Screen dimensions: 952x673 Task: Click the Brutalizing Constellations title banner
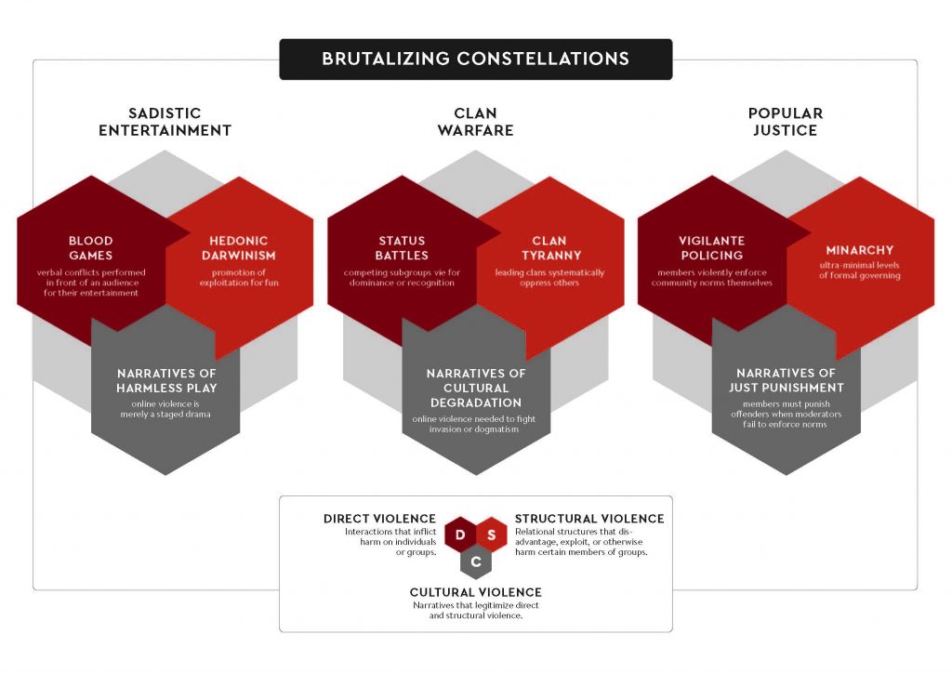(475, 59)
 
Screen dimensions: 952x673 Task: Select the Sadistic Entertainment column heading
(165, 122)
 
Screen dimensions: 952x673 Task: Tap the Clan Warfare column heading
(475, 122)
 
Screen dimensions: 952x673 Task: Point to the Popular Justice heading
(785, 122)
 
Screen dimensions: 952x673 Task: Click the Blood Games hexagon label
(90, 248)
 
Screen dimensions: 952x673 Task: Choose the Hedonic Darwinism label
(239, 248)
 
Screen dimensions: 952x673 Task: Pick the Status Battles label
(402, 248)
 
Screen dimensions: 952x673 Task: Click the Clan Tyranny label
(550, 248)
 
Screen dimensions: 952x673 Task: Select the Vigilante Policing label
(711, 248)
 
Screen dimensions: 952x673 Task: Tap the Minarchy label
(859, 250)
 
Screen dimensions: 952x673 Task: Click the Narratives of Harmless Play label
(166, 380)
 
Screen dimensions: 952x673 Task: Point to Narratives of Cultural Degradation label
(476, 388)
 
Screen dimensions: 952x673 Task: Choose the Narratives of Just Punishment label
(787, 380)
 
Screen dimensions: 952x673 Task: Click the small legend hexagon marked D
(460, 534)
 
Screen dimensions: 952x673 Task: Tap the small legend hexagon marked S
(492, 534)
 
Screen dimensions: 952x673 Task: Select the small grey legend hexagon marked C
(476, 561)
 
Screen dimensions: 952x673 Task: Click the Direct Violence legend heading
(379, 519)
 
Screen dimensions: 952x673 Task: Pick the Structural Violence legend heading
(589, 519)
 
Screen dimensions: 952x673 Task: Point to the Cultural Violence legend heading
(475, 592)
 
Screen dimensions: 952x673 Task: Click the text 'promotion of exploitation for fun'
(239, 277)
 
